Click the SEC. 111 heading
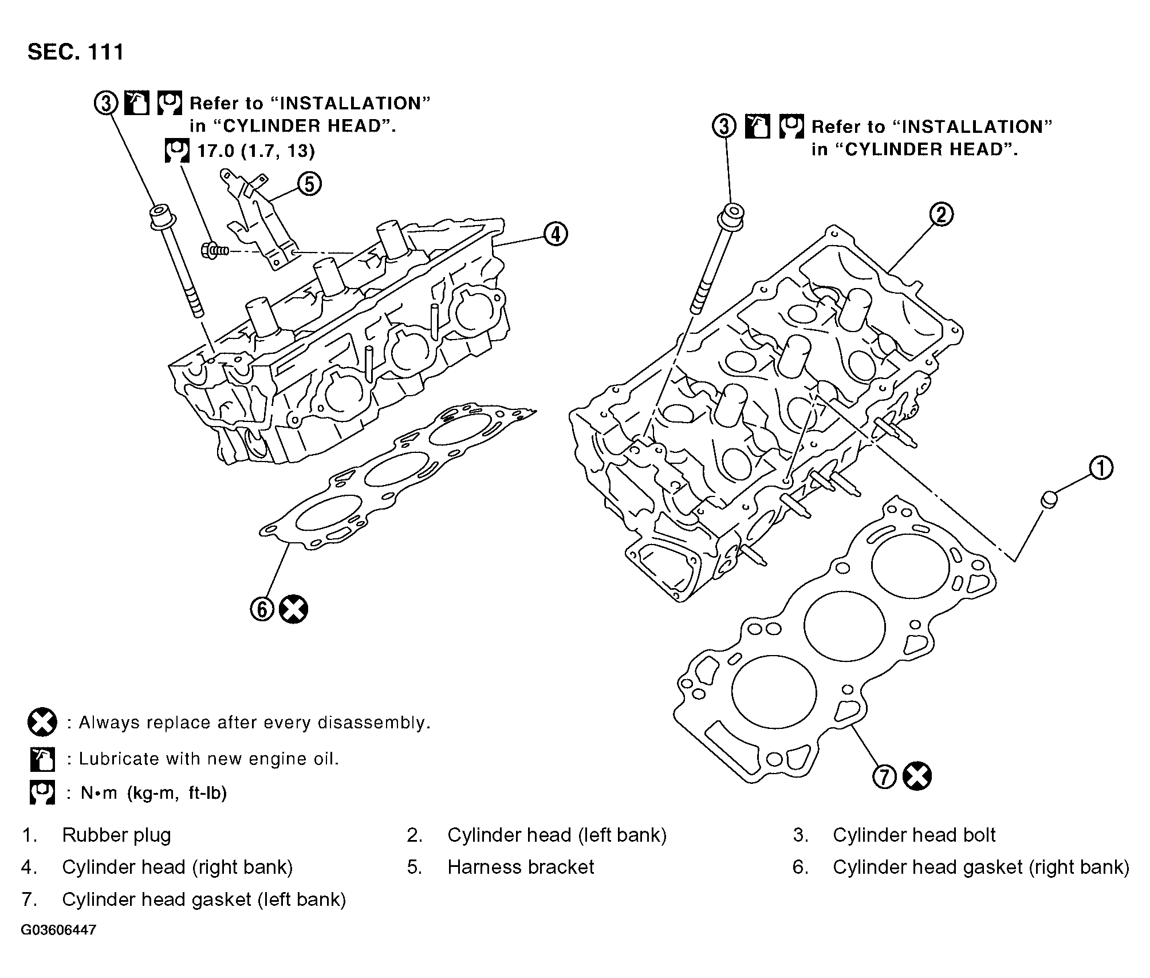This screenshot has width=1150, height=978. [x=76, y=52]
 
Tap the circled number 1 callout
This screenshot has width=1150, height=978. [x=1101, y=468]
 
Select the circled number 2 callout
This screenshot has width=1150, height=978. [x=941, y=215]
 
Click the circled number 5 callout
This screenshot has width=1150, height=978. [x=309, y=184]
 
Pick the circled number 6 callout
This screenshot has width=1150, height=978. [x=262, y=609]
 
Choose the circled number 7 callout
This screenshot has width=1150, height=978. [x=885, y=776]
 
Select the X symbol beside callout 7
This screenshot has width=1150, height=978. [x=917, y=776]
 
